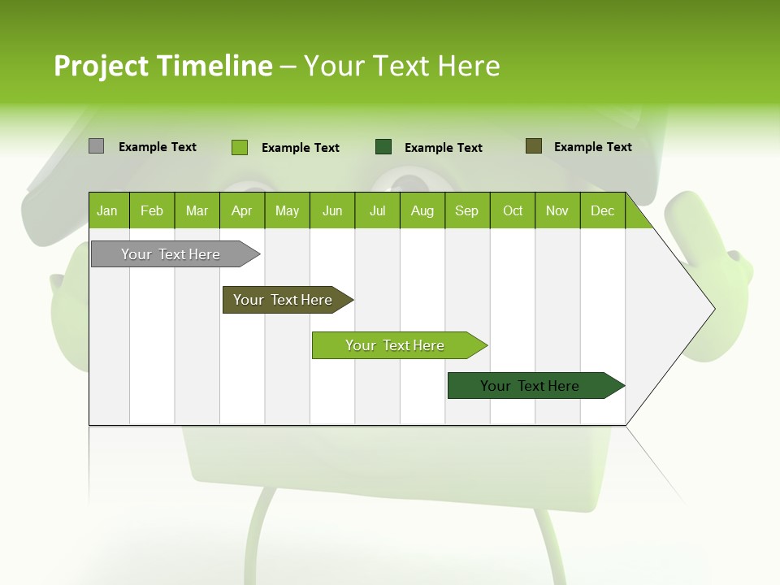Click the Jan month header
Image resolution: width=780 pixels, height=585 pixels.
pyautogui.click(x=107, y=211)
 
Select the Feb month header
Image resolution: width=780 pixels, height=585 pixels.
pyautogui.click(x=152, y=211)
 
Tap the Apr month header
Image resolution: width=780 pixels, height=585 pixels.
pyautogui.click(x=241, y=211)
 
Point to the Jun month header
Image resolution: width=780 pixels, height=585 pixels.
pyautogui.click(x=332, y=211)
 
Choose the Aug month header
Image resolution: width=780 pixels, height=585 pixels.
pyautogui.click(x=422, y=211)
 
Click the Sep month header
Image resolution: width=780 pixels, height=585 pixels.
pyautogui.click(x=466, y=211)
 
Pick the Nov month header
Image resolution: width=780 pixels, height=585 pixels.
pyautogui.click(x=557, y=211)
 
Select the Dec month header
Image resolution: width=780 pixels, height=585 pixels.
pyautogui.click(x=602, y=211)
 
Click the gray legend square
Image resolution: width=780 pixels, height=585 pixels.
pyautogui.click(x=96, y=146)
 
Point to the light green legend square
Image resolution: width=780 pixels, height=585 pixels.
pyautogui.click(x=239, y=147)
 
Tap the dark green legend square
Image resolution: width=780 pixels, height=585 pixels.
pyautogui.click(x=383, y=147)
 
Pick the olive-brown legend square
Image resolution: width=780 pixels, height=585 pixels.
pyautogui.click(x=534, y=146)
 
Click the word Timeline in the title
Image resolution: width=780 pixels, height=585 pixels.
pyautogui.click(x=214, y=66)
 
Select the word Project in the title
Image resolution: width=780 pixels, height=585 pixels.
pyautogui.click(x=101, y=66)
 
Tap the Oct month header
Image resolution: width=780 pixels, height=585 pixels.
pyautogui.click(x=513, y=211)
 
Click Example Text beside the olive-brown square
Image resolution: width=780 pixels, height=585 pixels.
pyautogui.click(x=592, y=147)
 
